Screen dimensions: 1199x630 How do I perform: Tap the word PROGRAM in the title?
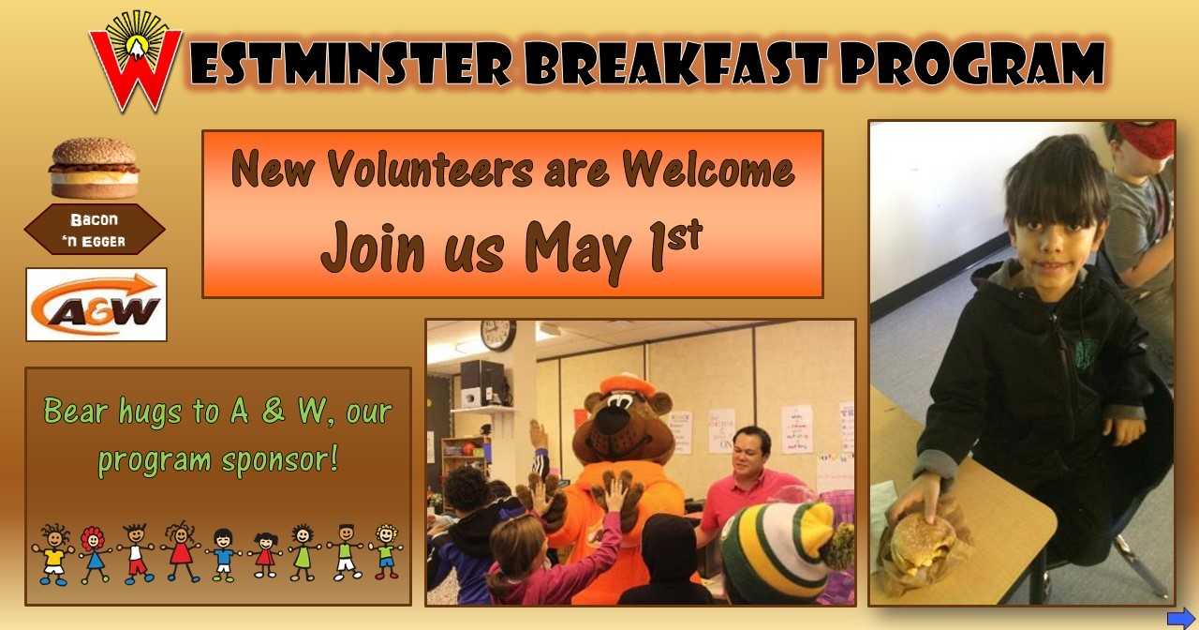[x=972, y=62]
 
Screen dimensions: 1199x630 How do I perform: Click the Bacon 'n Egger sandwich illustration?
[x=95, y=168]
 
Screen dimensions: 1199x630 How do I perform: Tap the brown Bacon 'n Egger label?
[x=95, y=230]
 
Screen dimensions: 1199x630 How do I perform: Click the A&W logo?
[x=96, y=305]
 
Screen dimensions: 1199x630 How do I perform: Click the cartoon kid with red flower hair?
[x=95, y=554]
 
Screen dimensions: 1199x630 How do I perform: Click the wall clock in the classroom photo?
[x=497, y=335]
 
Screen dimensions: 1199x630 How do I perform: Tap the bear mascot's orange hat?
[x=628, y=383]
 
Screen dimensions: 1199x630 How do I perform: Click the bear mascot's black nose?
[x=613, y=421]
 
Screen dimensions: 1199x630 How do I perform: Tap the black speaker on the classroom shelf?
[x=481, y=382]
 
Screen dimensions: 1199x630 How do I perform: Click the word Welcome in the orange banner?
[x=708, y=169]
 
